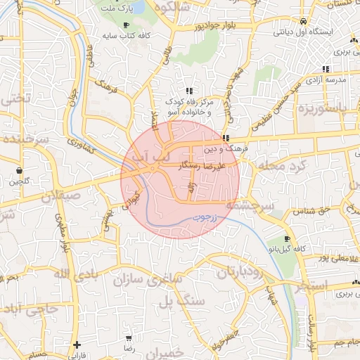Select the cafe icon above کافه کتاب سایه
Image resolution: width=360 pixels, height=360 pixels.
point(126,25)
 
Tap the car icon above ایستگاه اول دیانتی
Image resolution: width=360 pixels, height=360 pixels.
point(302,21)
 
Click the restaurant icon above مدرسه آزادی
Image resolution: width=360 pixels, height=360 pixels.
point(325,69)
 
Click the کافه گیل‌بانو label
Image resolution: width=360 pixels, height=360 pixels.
point(287,250)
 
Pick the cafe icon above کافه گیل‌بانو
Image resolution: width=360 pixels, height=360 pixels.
point(287,239)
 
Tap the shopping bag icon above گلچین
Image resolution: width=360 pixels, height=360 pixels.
point(18,170)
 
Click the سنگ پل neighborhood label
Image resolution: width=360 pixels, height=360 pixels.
point(176,302)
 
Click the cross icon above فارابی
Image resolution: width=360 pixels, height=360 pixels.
point(77,345)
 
